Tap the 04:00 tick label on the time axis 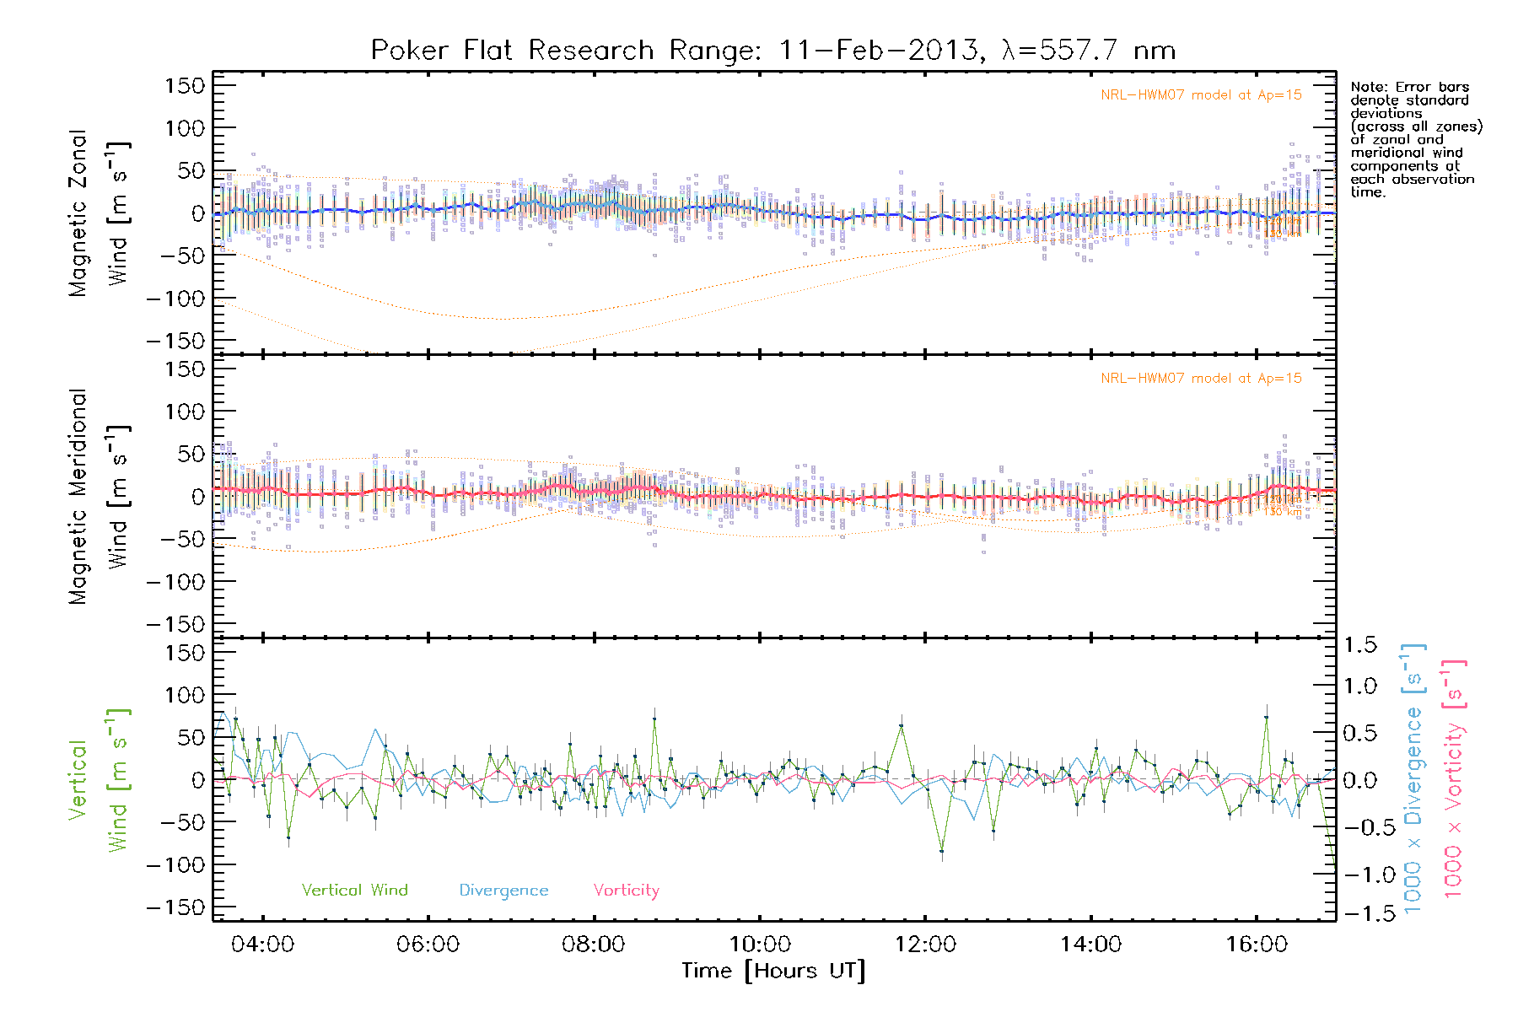point(263,945)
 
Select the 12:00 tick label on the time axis point(925,945)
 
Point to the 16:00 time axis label point(1257,945)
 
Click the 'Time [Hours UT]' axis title point(773,972)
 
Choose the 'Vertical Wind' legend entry point(354,891)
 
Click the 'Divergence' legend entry point(503,891)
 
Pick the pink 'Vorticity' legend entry point(626,891)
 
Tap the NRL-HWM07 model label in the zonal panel point(1201,95)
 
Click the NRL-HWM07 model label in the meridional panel point(1201,379)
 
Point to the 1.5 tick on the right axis point(1360,645)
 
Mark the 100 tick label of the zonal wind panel point(186,128)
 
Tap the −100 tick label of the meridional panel point(176,582)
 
